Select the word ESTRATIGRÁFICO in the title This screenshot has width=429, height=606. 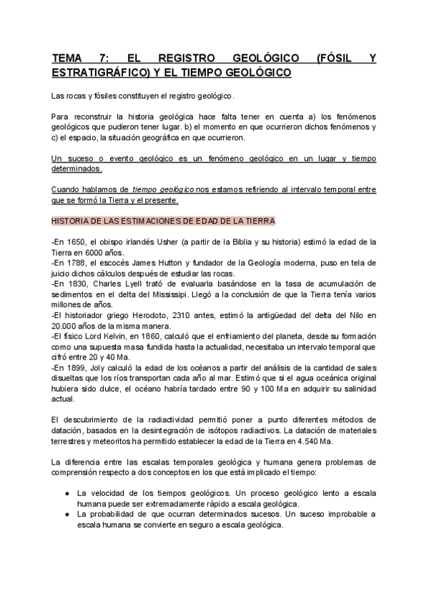tap(97, 74)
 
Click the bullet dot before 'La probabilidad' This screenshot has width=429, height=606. tap(66, 514)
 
